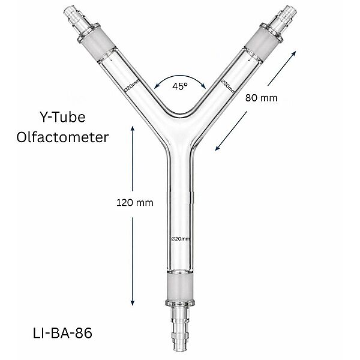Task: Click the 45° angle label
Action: (x=179, y=86)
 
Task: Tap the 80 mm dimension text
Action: (x=261, y=98)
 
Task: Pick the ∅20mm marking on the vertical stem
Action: (x=180, y=239)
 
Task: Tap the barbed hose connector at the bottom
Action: (x=179, y=327)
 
